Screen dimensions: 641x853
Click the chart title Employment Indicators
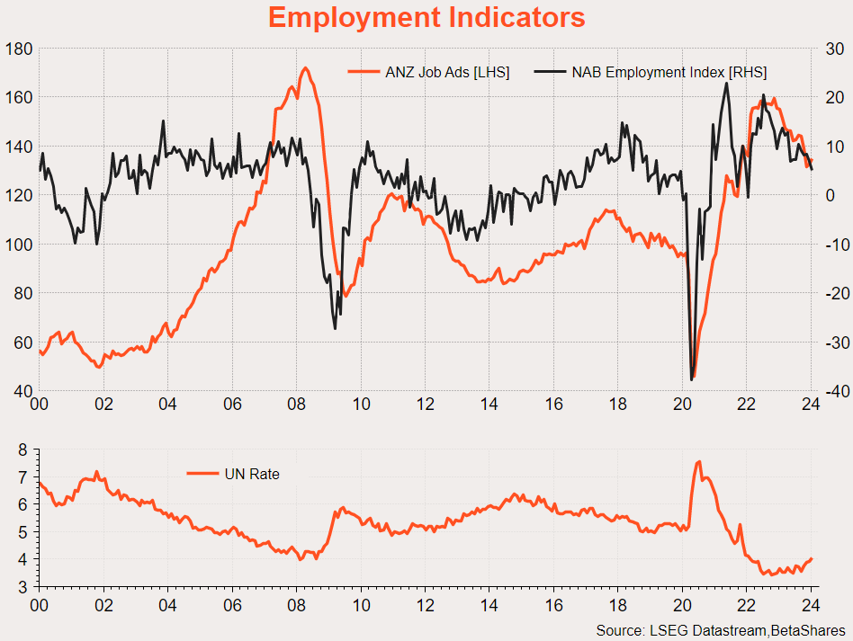[x=426, y=17]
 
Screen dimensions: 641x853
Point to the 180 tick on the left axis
[x=18, y=49]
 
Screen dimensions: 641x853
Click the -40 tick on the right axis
[x=831, y=391]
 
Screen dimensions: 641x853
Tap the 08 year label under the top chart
[x=296, y=405]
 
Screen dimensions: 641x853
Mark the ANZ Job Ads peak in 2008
[x=305, y=68]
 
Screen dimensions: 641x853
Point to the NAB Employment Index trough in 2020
[x=692, y=379]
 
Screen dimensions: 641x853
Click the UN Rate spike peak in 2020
[x=699, y=461]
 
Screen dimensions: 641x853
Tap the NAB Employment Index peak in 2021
[x=726, y=84]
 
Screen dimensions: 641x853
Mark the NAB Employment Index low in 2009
[x=335, y=328]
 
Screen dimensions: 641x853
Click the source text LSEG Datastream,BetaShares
[x=720, y=628]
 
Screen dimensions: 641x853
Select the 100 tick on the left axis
[x=18, y=245]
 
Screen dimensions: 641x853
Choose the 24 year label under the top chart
[x=810, y=405]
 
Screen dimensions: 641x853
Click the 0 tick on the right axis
[x=831, y=195]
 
